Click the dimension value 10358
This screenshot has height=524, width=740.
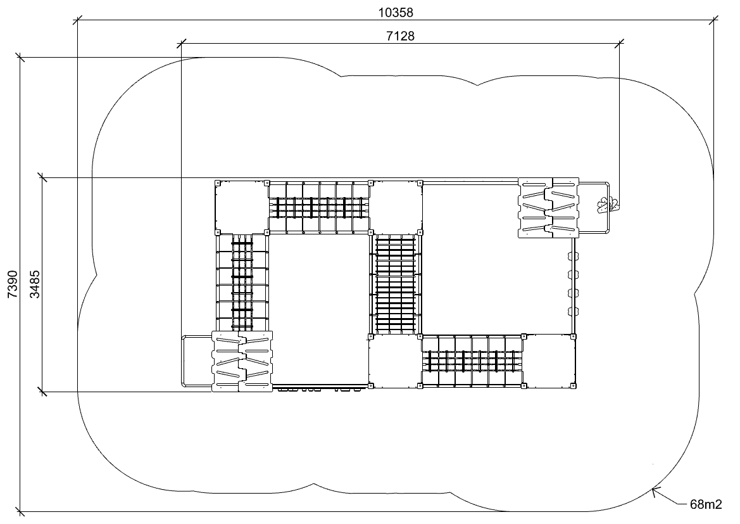396,12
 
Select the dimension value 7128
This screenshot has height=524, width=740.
400,36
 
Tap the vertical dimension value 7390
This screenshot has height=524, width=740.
12,284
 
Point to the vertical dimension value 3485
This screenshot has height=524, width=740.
35,284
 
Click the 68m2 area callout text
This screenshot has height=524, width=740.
706,504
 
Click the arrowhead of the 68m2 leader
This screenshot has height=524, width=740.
654,490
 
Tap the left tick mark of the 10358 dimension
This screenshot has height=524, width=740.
78,20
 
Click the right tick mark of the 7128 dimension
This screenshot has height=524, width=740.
620,44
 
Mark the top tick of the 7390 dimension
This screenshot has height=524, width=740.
20,58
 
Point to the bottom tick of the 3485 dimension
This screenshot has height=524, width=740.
42,391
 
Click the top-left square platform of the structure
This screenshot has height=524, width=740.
241,207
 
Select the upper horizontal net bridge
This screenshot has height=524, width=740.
318,207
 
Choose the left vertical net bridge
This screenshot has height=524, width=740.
242,283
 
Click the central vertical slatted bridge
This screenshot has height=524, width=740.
396,283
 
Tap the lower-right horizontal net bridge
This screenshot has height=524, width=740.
472,361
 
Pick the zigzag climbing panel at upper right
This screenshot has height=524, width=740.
548,208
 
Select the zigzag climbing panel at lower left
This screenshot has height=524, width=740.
242,361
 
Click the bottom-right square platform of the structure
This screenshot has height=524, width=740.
549,361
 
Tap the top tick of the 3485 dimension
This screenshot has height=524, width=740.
42,177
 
